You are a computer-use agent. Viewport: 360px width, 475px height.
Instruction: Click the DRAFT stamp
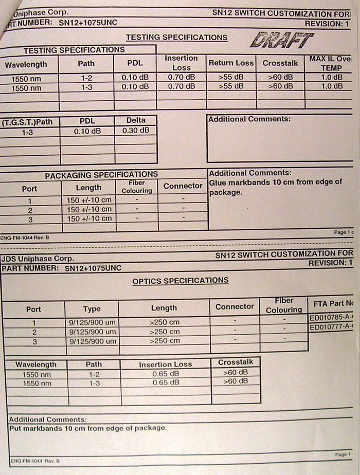tap(282, 40)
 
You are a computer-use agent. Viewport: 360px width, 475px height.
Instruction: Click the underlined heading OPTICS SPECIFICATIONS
tap(181, 281)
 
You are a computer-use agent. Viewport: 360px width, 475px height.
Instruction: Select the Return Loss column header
tap(231, 63)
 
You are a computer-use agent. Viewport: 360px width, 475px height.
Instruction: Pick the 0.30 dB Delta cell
tap(136, 131)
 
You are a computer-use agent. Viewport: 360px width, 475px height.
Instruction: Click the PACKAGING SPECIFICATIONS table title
tap(101, 175)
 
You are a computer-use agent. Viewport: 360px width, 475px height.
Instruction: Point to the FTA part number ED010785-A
tap(331, 318)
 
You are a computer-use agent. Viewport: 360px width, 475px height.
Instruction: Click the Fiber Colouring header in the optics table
tap(284, 305)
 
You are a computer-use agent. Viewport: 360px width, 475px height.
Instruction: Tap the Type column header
tap(92, 309)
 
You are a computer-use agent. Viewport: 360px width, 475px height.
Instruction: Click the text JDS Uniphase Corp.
tap(38, 259)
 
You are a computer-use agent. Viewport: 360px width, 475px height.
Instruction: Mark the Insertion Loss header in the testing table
tap(181, 63)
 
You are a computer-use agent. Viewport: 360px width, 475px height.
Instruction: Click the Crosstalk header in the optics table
tap(236, 362)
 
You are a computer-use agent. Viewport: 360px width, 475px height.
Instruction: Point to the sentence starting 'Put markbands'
tap(88, 428)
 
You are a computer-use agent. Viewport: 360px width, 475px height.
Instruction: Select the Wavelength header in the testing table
tap(26, 64)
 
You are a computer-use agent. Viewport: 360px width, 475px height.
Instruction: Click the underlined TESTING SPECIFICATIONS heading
tap(176, 38)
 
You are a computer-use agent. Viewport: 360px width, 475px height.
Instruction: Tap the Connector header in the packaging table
tap(183, 186)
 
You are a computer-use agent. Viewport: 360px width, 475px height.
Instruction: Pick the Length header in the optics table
tap(164, 308)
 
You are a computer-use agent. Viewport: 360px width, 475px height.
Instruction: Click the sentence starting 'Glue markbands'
tap(275, 187)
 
